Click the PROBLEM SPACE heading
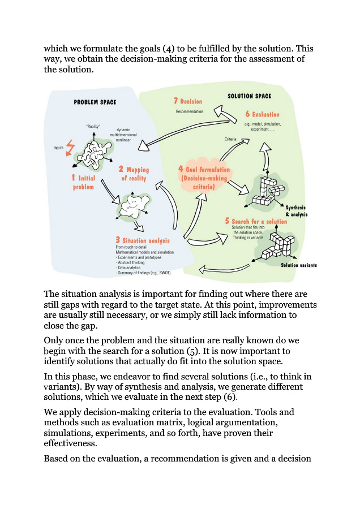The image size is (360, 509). [95, 102]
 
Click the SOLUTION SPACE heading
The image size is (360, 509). [249, 96]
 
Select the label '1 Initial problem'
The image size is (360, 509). [82, 182]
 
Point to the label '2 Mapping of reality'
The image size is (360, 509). [134, 174]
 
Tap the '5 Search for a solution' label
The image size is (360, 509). [256, 221]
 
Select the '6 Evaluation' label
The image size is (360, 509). [262, 114]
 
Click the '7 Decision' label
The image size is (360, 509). [187, 101]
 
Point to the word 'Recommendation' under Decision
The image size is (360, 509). [188, 111]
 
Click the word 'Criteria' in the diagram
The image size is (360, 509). [230, 139]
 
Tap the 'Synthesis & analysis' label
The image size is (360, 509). [300, 211]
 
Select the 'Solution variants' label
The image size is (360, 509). [298, 265]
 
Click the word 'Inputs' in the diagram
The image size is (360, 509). [58, 148]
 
